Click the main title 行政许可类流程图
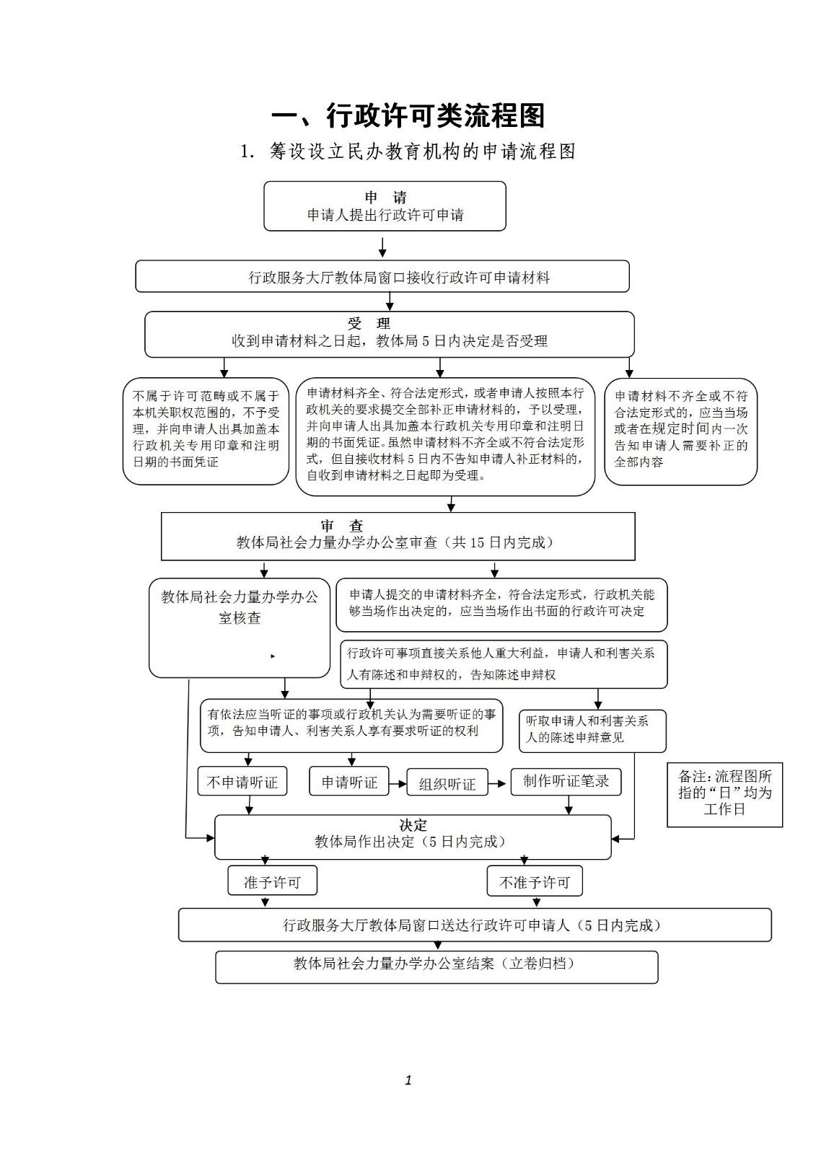[408, 115]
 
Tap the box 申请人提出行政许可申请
[385, 206]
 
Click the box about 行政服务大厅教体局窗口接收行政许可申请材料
[382, 276]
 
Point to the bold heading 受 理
[369, 324]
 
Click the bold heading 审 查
[342, 526]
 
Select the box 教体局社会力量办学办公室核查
[240, 627]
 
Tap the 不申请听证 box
[242, 782]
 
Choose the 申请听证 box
[349, 782]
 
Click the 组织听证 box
[447, 783]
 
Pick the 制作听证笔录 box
[566, 782]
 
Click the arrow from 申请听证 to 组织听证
[398, 783]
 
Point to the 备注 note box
[725, 794]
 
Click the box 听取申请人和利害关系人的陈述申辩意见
[592, 731]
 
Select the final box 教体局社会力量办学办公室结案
[436, 967]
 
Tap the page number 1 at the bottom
[408, 1080]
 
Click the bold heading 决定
[413, 825]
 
